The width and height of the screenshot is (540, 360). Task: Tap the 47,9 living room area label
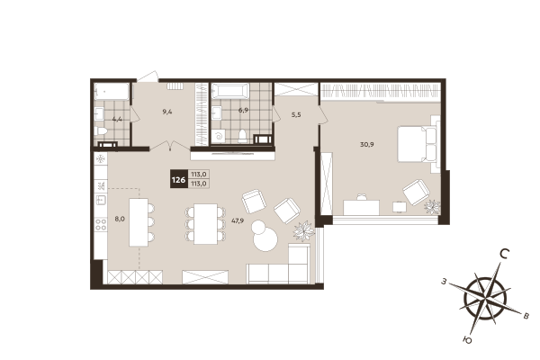[x=238, y=220]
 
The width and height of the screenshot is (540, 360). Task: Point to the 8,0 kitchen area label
[x=119, y=218]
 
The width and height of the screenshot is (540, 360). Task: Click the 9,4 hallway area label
[x=166, y=112]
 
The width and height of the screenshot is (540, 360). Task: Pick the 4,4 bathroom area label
[x=117, y=118]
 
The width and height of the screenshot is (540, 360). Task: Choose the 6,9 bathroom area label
[x=242, y=111]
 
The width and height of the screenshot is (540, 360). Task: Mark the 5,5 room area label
[x=296, y=116]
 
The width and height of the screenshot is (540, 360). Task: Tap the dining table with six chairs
[x=206, y=222]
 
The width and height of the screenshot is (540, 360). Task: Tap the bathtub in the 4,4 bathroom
[x=112, y=91]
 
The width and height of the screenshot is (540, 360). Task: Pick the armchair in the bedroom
[x=416, y=191]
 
